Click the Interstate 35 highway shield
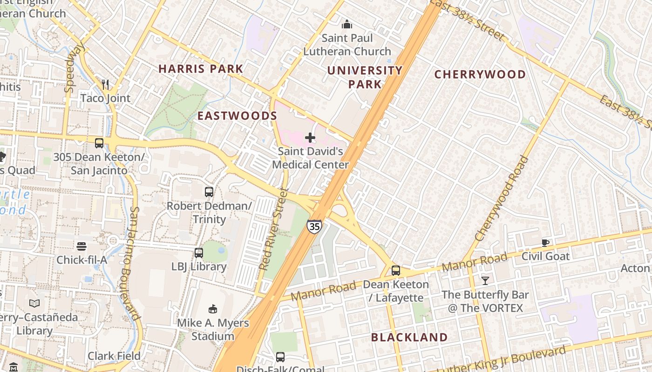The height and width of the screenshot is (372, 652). [314, 226]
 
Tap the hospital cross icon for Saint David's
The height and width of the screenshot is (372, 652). [310, 138]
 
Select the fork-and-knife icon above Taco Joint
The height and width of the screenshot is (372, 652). [105, 84]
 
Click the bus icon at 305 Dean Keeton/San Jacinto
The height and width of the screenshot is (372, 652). [99, 143]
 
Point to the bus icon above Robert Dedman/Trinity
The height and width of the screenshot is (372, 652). [209, 192]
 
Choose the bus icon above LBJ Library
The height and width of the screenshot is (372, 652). [199, 253]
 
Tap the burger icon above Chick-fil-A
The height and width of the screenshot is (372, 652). [81, 246]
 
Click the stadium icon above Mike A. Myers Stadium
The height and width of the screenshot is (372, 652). [213, 309]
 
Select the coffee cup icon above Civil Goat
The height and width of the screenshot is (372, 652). [545, 242]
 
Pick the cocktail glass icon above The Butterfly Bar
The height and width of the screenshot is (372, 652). [485, 280]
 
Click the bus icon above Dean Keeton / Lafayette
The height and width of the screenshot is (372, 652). [396, 270]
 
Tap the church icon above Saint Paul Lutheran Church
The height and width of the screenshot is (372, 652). [346, 24]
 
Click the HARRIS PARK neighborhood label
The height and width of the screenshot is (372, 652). [201, 69]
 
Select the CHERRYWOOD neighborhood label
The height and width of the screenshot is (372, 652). [480, 74]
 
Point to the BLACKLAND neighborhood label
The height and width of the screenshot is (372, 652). [409, 338]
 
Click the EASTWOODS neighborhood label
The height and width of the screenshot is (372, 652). [238, 116]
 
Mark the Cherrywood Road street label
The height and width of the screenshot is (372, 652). [502, 199]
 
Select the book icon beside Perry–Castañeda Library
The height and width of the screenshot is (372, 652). [34, 304]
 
